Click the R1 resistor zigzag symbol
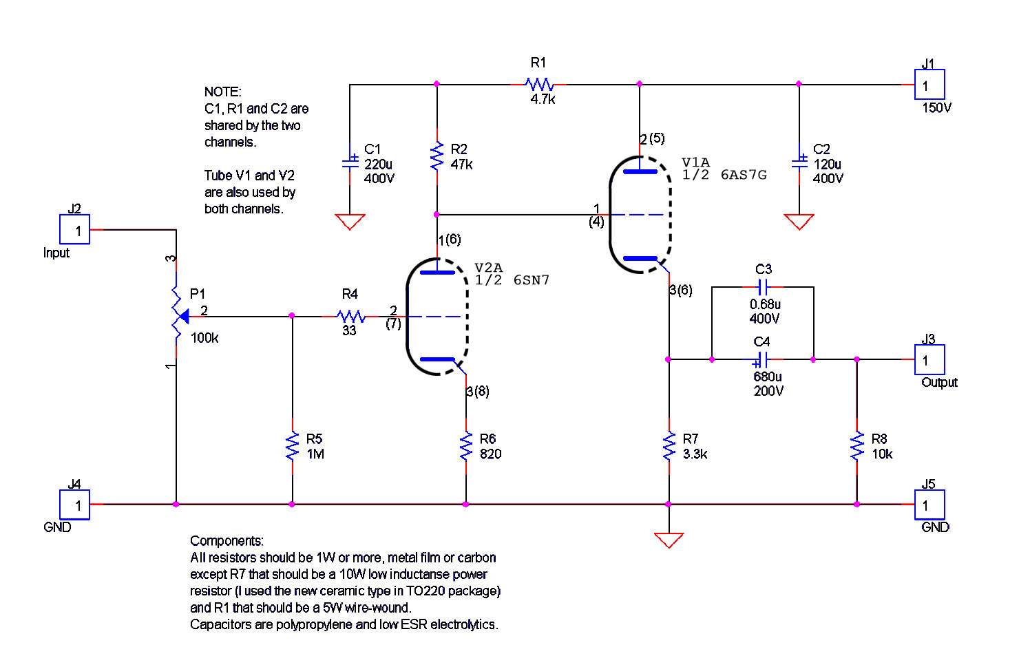click(539, 84)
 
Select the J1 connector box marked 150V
click(929, 84)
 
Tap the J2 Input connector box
click(74, 229)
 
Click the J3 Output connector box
click(929, 359)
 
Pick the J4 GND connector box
click(74, 505)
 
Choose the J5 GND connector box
click(929, 505)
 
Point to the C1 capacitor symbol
click(350, 162)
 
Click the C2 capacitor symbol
click(799, 162)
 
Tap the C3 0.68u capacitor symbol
click(763, 287)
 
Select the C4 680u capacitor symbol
click(761, 359)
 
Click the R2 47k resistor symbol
click(437, 156)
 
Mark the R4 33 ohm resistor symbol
click(351, 316)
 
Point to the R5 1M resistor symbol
click(293, 446)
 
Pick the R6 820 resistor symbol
click(466, 446)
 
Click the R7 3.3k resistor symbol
click(669, 446)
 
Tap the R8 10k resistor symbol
click(857, 446)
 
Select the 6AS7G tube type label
click(744, 175)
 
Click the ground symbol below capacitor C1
click(350, 222)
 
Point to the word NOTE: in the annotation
click(222, 92)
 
